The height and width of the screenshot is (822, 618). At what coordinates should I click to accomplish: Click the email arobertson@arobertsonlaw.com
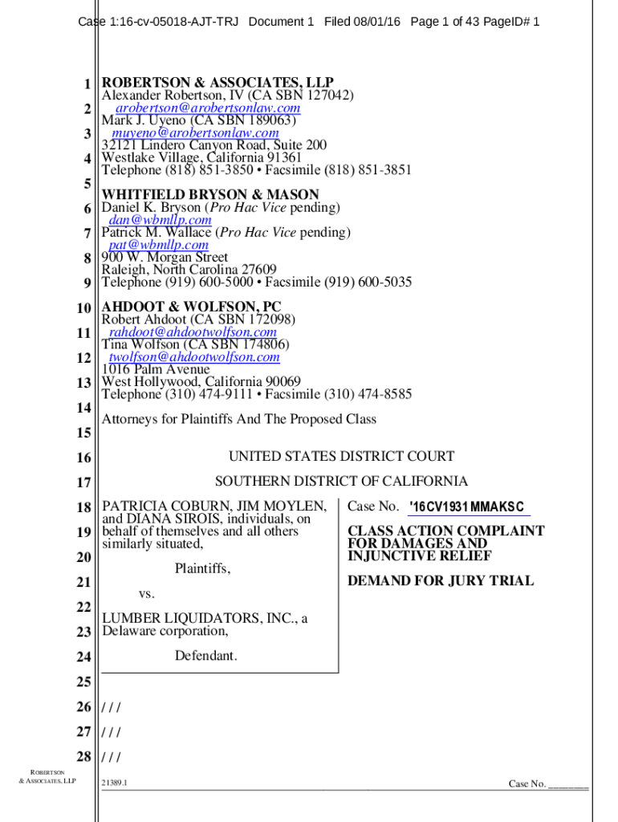pyautogui.click(x=208, y=108)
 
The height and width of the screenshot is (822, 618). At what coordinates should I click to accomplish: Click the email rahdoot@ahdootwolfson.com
pyautogui.click(x=193, y=332)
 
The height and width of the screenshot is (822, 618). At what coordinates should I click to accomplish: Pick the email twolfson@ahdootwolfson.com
pyautogui.click(x=194, y=356)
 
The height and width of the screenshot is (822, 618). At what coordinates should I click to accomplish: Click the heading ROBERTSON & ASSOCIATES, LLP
pyautogui.click(x=217, y=83)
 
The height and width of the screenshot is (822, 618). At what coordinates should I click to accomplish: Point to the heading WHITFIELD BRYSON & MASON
pyautogui.click(x=209, y=194)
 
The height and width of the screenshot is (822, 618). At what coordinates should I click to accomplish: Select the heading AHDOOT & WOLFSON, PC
pyautogui.click(x=191, y=307)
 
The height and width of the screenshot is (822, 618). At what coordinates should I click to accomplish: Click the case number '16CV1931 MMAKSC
pyautogui.click(x=466, y=507)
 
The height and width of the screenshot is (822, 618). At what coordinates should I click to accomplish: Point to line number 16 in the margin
pyautogui.click(x=84, y=458)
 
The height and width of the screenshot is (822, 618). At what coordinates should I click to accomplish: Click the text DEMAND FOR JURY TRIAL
pyautogui.click(x=440, y=580)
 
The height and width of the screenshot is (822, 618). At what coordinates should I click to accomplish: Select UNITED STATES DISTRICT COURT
pyautogui.click(x=341, y=457)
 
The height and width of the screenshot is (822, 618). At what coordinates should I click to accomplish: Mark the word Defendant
pyautogui.click(x=206, y=656)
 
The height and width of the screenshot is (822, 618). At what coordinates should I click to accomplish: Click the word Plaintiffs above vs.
pyautogui.click(x=202, y=568)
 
